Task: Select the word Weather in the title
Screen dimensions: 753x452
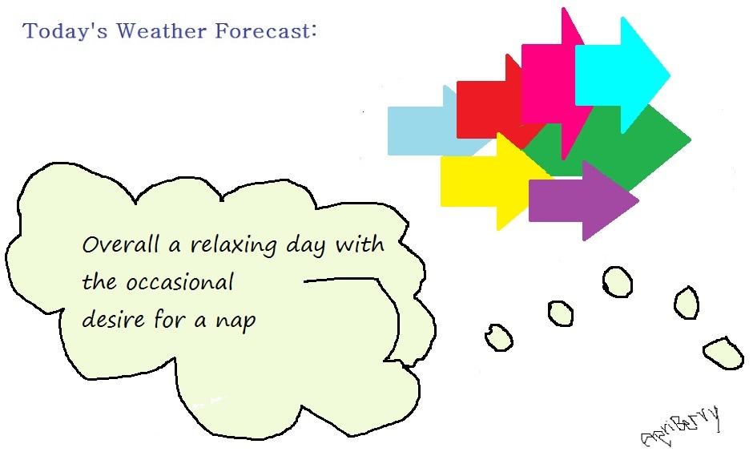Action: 161,30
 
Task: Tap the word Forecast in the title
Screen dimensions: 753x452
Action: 262,30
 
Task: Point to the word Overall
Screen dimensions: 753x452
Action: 120,244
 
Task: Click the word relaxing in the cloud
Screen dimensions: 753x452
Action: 234,244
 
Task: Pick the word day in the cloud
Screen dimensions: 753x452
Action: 306,245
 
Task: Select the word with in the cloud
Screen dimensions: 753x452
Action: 360,244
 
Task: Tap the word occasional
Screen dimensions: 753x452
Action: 180,282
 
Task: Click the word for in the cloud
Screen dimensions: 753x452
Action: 170,318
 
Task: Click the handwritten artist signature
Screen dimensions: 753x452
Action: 681,427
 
